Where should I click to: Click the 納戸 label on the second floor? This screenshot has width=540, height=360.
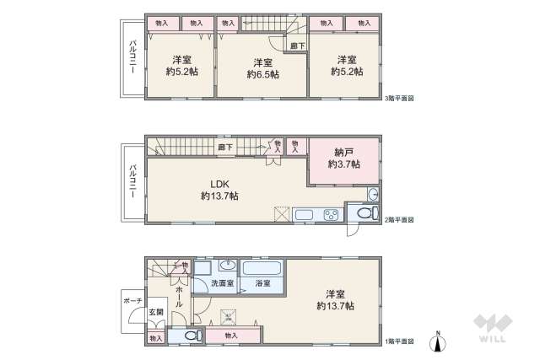(343, 153)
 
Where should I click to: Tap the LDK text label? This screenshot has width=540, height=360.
(219, 183)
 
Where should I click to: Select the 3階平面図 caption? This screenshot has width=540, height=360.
(399, 98)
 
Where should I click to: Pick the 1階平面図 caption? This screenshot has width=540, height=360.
(399, 341)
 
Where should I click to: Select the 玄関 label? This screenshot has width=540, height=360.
(157, 312)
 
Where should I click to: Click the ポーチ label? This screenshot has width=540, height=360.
(132, 299)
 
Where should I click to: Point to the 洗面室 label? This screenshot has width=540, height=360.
(222, 284)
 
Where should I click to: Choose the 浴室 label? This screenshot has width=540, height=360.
(262, 284)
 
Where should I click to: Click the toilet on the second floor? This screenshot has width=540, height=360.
(364, 214)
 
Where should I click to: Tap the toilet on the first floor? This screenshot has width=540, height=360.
(191, 336)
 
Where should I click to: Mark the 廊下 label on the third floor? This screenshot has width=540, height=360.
(295, 46)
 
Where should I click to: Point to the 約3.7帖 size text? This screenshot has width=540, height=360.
(343, 164)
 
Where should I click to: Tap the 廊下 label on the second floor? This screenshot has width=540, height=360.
(224, 147)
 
